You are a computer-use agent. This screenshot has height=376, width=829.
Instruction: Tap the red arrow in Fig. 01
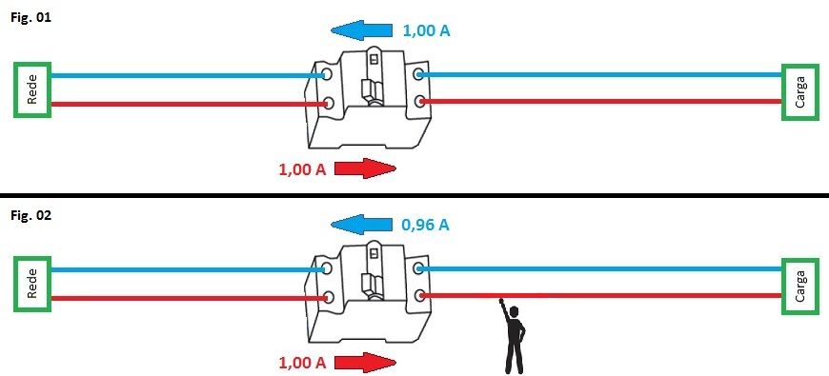364,169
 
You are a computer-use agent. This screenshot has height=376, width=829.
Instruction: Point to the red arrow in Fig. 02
364,363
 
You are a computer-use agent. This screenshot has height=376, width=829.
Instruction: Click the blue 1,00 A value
427,31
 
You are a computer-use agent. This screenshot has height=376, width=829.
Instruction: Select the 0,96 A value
426,226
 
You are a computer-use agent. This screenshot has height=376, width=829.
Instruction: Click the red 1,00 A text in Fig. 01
302,170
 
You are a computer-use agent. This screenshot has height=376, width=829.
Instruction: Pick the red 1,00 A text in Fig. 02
302,363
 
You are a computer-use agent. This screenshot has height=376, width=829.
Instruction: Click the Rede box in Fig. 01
32,89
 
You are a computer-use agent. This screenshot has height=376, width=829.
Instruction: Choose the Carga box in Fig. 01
799,91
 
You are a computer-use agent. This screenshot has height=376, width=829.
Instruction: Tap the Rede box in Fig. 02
32,284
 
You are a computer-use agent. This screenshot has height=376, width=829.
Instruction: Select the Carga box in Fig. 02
799,285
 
